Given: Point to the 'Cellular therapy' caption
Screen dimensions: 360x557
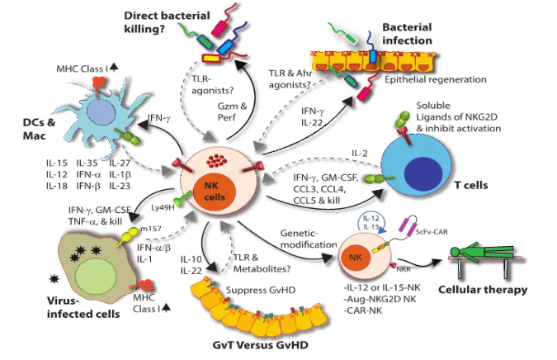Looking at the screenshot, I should tap(484, 290).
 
